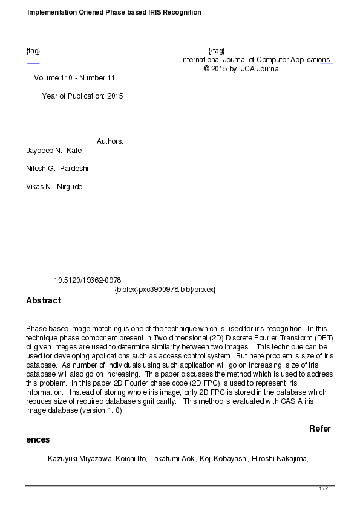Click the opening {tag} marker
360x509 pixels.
coord(33,51)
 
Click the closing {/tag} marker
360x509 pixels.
coord(216,51)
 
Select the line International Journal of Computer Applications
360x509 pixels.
coord(255,60)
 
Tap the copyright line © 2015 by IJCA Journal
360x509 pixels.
coord(242,69)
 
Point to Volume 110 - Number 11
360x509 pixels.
coord(74,78)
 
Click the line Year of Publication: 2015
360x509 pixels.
coord(82,96)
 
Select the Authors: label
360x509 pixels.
coord(110,141)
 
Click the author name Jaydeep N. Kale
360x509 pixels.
coord(54,151)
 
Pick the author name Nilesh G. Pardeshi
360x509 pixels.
coord(57,169)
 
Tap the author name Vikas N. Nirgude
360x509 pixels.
coord(54,187)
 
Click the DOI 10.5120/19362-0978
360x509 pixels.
coord(88,280)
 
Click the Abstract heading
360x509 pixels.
coord(44,300)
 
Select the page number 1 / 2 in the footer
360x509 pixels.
coord(324,488)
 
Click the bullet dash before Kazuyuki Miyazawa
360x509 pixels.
coord(37,459)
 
